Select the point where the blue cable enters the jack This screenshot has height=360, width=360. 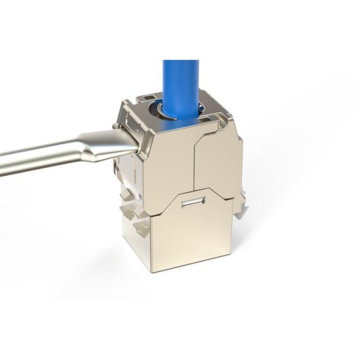(181, 109)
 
